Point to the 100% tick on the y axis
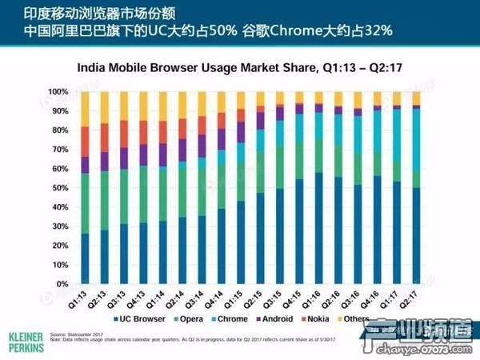[60, 92]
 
